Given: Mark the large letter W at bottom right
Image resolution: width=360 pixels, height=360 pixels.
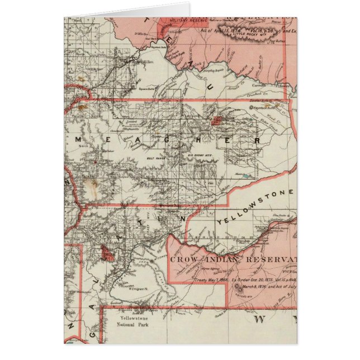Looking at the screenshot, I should pyautogui.click(x=259, y=320).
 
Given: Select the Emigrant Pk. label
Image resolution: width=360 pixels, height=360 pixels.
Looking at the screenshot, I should pyautogui.click(x=138, y=290).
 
